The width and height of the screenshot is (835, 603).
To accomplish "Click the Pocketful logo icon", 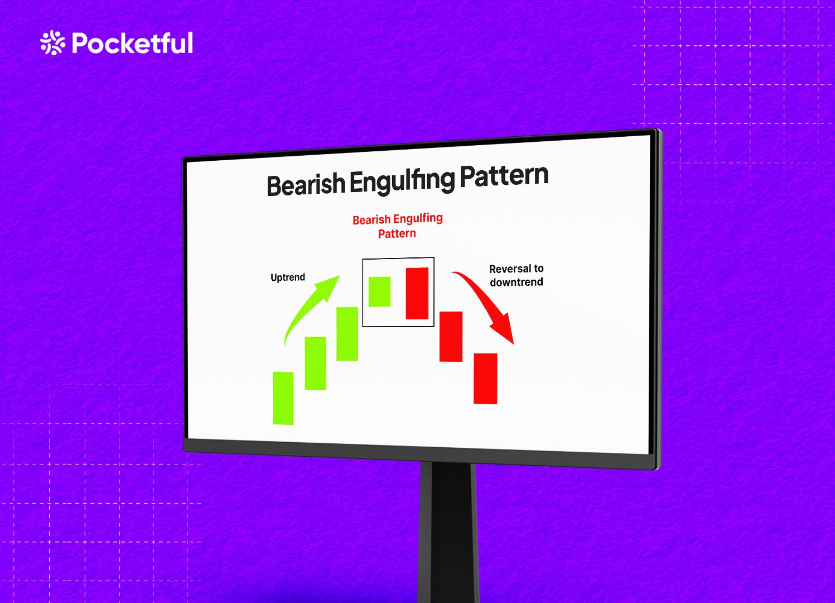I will click(x=52, y=43).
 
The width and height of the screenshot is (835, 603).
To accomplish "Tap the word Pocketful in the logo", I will click(x=133, y=44).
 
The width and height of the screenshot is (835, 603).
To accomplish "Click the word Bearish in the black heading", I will click(x=306, y=185).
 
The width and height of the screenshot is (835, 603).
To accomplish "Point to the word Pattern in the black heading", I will click(x=504, y=176).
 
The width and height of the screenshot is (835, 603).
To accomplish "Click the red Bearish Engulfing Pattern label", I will click(x=397, y=226).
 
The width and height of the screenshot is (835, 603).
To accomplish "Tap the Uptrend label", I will click(x=288, y=277).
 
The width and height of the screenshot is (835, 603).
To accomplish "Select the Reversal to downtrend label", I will click(x=517, y=275).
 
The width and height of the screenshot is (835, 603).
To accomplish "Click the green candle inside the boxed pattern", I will click(x=379, y=291).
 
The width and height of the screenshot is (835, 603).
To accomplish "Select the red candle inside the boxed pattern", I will click(x=417, y=294).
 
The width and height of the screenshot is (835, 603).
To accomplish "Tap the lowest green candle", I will click(x=283, y=398).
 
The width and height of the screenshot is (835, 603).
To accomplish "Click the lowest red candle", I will click(x=485, y=379).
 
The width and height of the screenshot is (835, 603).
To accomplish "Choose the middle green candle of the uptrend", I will click(x=315, y=363).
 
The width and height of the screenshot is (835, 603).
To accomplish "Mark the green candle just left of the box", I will click(x=347, y=334).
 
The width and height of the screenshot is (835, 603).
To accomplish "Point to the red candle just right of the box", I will click(x=451, y=337).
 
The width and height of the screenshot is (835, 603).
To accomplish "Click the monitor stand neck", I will click(x=448, y=530).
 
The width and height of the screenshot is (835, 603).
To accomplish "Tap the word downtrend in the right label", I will click(x=517, y=283).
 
